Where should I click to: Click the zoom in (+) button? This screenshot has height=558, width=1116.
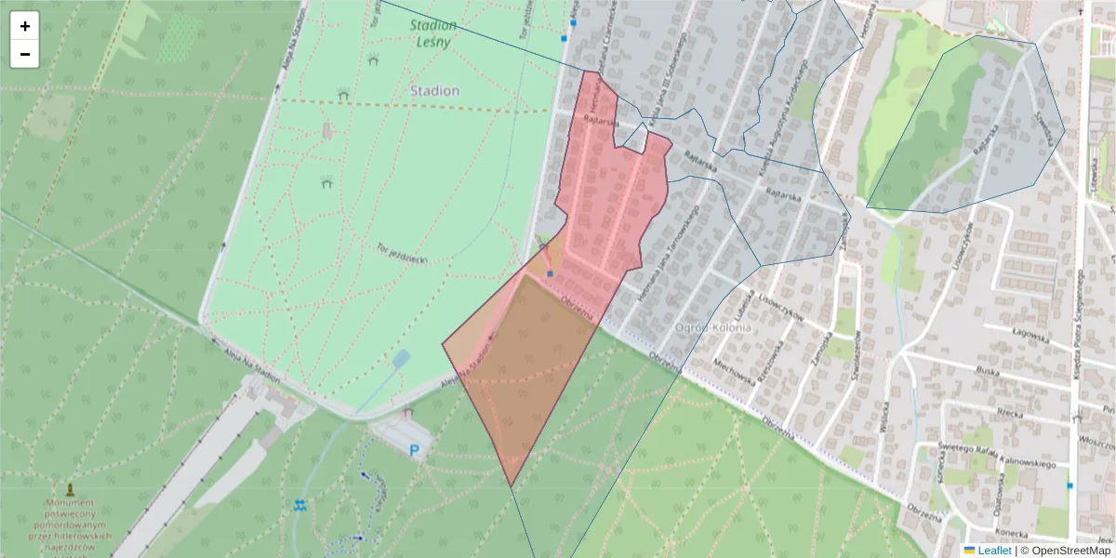25,26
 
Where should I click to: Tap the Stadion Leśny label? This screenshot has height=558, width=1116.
433,33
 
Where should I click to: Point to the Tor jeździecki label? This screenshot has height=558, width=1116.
402,254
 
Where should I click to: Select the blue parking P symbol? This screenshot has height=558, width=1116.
415,451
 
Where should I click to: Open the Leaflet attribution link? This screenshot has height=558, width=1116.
993,551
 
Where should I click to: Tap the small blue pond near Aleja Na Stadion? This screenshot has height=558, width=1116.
401,358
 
